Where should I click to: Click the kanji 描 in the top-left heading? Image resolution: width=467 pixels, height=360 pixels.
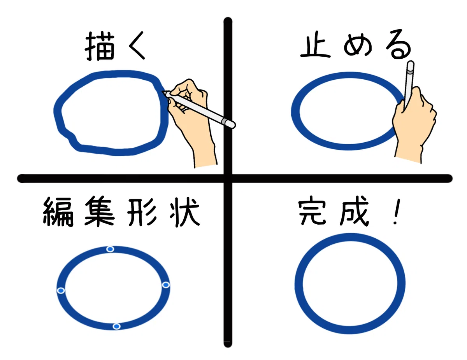click(99, 46)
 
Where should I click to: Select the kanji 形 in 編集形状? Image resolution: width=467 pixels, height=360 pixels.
click(141, 212)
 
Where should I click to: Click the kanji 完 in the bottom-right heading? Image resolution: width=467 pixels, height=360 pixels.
click(312, 212)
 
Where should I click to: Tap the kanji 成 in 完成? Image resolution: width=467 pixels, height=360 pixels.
click(355, 211)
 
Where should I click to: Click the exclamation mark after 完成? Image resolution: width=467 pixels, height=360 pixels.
click(397, 211)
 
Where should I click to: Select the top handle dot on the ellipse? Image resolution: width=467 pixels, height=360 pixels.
click(110, 249)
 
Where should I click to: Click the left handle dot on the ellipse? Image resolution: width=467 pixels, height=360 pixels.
click(61, 290)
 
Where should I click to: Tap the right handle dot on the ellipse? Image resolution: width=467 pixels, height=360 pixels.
click(166, 285)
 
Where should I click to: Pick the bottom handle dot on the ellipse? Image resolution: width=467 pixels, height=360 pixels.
click(116, 327)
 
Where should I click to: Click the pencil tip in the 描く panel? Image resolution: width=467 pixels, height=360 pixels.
click(162, 92)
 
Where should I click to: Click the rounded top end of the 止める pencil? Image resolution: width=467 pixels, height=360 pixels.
click(411, 63)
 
